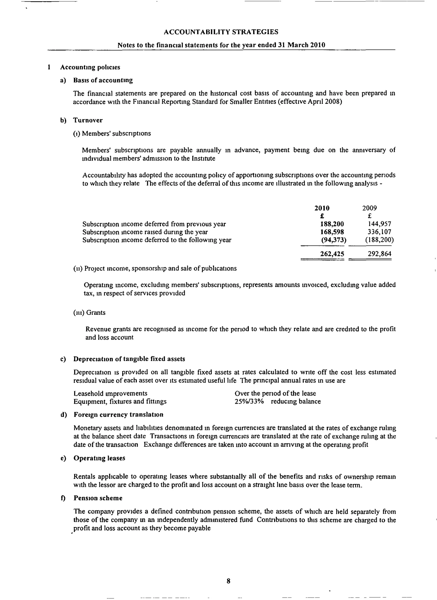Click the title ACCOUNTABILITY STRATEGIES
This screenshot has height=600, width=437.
tap(221, 32)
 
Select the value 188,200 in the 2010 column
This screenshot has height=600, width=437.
tap(332, 224)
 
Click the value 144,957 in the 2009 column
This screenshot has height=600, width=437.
tap(379, 224)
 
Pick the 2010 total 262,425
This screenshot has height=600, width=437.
tap(332, 254)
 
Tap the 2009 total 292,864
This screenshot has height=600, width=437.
tap(379, 254)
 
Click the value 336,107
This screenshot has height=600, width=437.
tap(379, 232)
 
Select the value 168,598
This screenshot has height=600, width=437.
tap(332, 232)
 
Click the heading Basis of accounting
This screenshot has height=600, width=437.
tap(103, 80)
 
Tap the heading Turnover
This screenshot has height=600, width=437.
tap(88, 120)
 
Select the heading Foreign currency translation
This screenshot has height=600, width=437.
tap(118, 414)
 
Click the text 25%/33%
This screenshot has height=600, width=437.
tap(249, 401)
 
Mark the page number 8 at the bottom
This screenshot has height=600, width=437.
tap(229, 581)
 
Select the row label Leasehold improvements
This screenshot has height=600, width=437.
tap(110, 393)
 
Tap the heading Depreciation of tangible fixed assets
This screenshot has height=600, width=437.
tap(129, 359)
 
